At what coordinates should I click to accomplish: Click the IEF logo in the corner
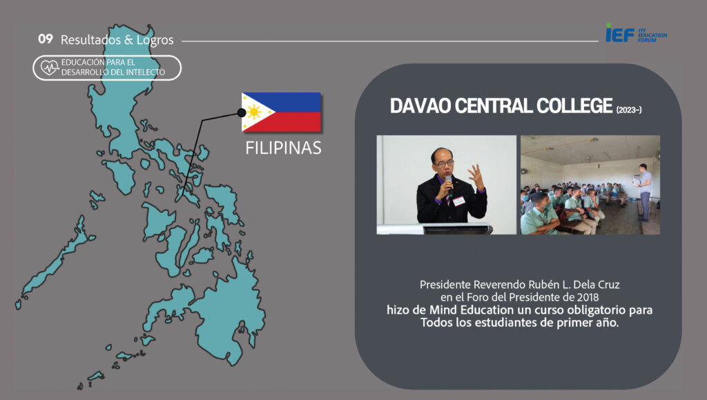636,33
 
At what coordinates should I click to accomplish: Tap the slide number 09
45,39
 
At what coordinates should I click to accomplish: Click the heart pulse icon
50,68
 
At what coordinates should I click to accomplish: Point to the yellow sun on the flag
254,112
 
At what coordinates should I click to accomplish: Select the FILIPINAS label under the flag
283,148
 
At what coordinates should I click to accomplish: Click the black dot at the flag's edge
242,112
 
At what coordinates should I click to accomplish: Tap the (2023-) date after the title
629,110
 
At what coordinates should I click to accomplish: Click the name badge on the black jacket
458,201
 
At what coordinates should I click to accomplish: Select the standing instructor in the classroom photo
643,192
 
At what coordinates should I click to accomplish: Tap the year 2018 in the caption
587,297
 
